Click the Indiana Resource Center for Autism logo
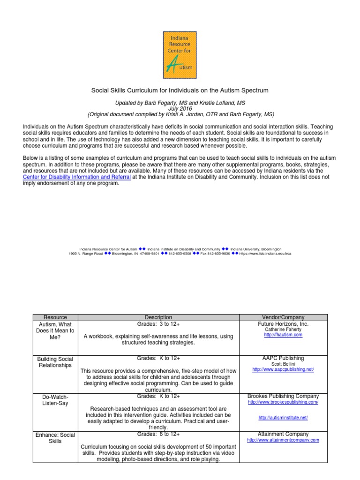tap(180, 54)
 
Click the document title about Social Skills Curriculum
tap(180, 90)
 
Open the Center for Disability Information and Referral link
tap(74, 177)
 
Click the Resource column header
tap(55, 317)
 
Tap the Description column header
tap(158, 317)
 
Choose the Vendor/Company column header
tap(283, 317)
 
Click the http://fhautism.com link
tap(283, 335)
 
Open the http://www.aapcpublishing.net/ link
tap(283, 369)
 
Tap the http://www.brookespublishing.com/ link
tap(283, 402)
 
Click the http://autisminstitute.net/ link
tap(283, 417)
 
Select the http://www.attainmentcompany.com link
tap(283, 440)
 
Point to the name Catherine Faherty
tap(283, 330)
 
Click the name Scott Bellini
tap(283, 364)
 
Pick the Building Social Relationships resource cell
tap(55, 362)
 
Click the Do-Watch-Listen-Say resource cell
tap(55, 400)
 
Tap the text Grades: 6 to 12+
tap(158, 435)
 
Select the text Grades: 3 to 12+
tap(158, 324)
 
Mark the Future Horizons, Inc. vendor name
tap(283, 324)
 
